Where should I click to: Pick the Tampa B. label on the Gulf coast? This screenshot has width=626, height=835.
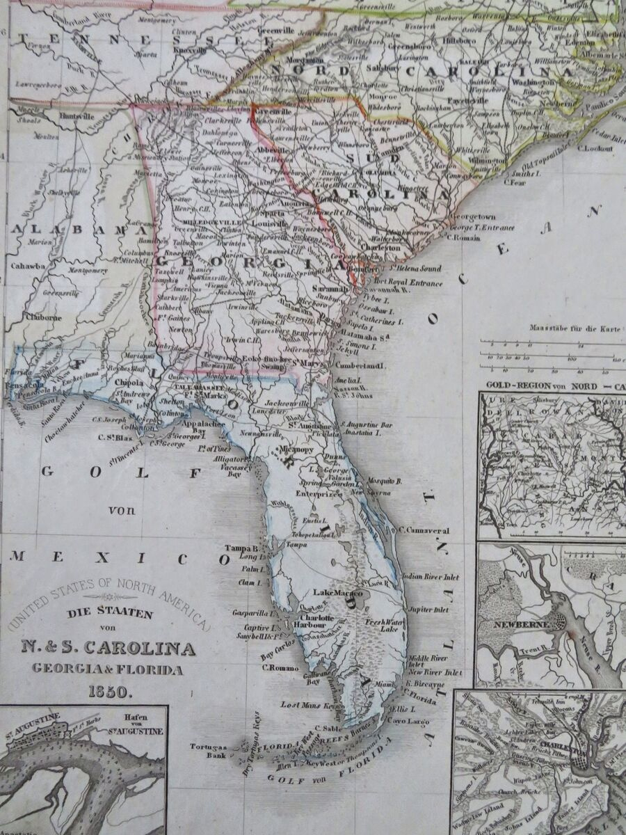[x=245, y=547]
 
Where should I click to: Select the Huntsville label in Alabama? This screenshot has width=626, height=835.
[x=79, y=116]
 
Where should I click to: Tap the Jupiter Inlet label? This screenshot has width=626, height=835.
[x=428, y=610]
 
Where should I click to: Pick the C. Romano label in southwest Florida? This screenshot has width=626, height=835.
[x=280, y=668]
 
